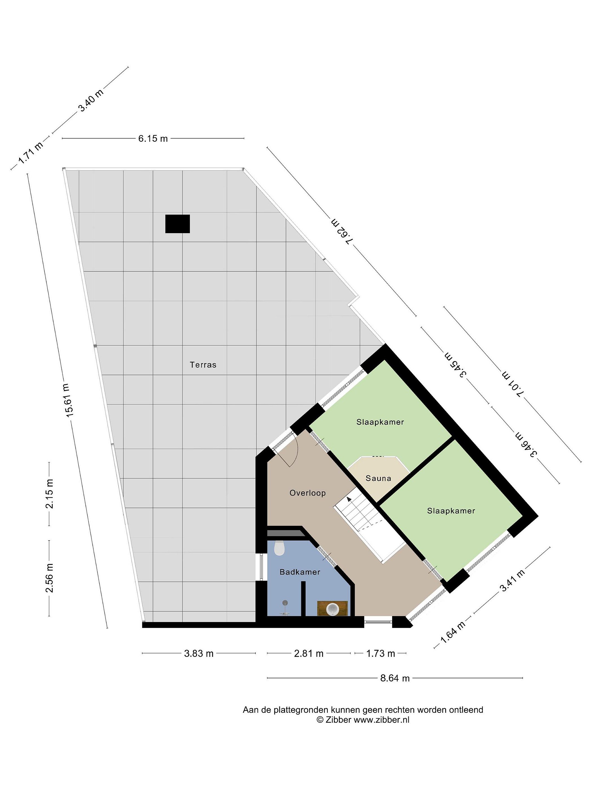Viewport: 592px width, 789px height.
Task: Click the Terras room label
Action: pos(203,365)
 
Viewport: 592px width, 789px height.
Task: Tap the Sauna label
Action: pos(378,478)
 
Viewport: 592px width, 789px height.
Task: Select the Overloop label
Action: pos(308,493)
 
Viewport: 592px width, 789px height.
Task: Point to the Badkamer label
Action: pos(300,572)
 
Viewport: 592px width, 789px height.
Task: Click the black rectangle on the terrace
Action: pos(177,224)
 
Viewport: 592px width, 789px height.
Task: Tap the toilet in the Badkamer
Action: pos(279,548)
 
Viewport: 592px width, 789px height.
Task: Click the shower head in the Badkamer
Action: pos(285,603)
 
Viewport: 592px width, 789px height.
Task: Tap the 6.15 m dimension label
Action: pos(153,138)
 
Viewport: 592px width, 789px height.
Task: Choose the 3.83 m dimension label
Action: pos(199,653)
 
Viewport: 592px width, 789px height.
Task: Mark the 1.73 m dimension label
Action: pos(380,653)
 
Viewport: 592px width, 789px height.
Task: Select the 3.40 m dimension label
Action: pos(91,100)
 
